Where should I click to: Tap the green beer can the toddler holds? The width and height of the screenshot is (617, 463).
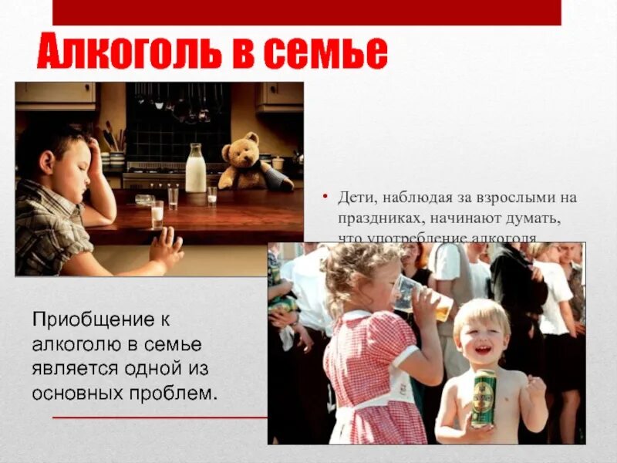pyautogui.click(x=484, y=397)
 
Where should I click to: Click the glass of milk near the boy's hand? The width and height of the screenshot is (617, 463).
pyautogui.click(x=157, y=214)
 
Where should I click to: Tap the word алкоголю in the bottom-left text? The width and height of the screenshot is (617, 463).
pyautogui.click(x=76, y=343)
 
